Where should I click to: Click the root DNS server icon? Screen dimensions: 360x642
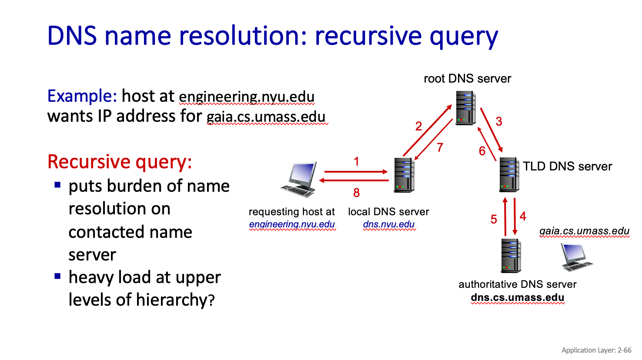pos(465,107)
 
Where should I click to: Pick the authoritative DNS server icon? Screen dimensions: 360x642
pos(511,256)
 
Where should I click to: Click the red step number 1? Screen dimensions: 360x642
pos(356,162)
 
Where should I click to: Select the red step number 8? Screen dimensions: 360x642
pos(356,193)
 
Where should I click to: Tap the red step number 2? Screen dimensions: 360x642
pos(418,126)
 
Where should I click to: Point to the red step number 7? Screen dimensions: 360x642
pos(440,147)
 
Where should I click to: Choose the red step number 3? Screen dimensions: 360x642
pos(499,122)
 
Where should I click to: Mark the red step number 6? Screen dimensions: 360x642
pos(482,151)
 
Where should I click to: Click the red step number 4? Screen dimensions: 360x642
pos(523,216)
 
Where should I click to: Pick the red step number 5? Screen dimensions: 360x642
pos(494,219)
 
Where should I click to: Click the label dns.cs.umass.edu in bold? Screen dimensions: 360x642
pos(518,298)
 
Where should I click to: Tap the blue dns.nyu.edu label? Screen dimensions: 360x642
pos(389,224)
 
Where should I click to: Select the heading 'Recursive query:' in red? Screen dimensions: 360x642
pos(120,162)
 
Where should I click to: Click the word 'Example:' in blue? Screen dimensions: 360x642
pos(82,96)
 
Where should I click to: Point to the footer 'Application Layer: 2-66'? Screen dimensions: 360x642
pos(596,350)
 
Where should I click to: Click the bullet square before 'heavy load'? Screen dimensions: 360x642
pos(57,276)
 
